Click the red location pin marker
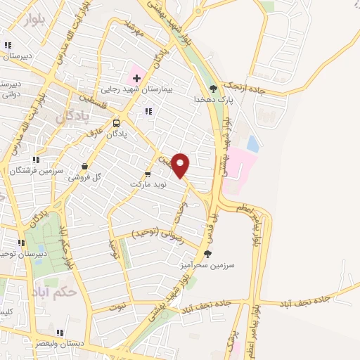coord(181,165)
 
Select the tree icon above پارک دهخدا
coord(213,89)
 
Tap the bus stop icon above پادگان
coord(116,124)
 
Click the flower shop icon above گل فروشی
coord(84,167)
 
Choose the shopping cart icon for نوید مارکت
coord(148,174)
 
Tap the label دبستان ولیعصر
coord(60,344)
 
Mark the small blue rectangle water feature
coord(252,145)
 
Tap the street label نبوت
coord(117,307)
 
